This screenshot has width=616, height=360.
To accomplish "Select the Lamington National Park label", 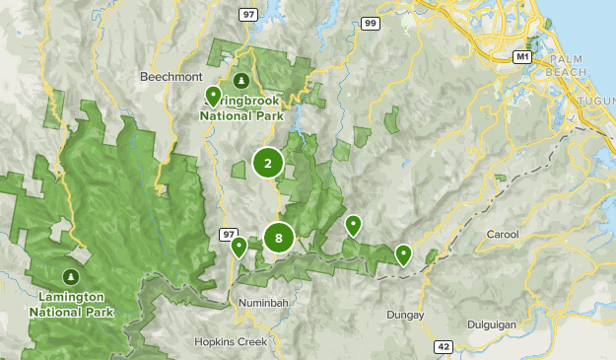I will pyautogui.click(x=71, y=304).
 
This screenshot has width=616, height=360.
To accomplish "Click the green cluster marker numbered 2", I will pyautogui.click(x=267, y=163).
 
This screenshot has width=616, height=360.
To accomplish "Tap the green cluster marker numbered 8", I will pyautogui.click(x=279, y=238).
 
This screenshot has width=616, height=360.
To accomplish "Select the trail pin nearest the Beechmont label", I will pyautogui.click(x=213, y=96).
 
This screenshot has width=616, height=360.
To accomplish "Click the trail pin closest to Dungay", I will pyautogui.click(x=403, y=254).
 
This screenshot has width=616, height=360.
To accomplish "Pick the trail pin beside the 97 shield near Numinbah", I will pyautogui.click(x=239, y=247).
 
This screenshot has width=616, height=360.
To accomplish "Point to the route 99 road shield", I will pyautogui.click(x=369, y=22).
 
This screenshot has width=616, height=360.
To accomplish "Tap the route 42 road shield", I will pyautogui.click(x=444, y=346).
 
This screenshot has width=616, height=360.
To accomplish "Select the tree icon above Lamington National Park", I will pyautogui.click(x=70, y=275).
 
